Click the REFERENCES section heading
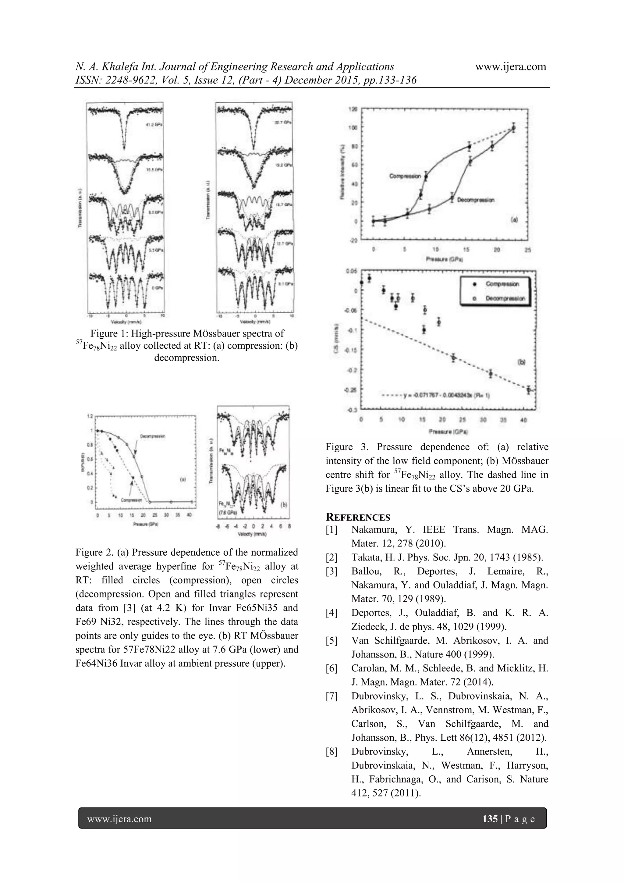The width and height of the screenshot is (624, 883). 358,517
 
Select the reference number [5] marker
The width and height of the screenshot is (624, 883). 331,641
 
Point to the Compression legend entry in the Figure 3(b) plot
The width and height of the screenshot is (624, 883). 502,284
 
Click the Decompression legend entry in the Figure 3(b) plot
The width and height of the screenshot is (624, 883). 505,298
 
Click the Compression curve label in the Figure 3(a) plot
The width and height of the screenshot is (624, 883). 404,176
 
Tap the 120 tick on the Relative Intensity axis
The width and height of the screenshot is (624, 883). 353,109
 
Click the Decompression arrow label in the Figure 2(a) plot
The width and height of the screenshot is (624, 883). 153,436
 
